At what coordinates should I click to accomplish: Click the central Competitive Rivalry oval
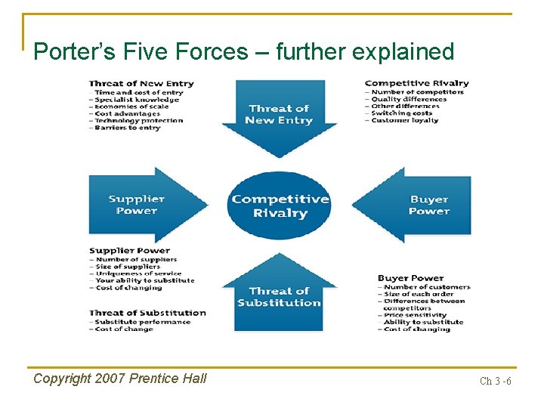(x=280, y=206)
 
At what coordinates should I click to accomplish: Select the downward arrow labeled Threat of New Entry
(x=279, y=115)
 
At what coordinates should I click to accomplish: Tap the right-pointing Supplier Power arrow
(x=144, y=205)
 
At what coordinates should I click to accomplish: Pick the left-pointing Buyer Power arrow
(x=419, y=206)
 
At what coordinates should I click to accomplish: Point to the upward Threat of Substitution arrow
(x=279, y=296)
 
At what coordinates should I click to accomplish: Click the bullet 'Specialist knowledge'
(x=137, y=99)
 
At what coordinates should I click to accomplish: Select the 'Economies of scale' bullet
(x=131, y=107)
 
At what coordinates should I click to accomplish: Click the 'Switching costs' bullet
(x=401, y=113)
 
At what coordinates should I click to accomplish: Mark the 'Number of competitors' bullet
(x=417, y=92)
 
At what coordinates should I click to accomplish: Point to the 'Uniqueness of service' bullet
(x=138, y=274)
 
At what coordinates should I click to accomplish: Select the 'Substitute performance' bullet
(x=142, y=322)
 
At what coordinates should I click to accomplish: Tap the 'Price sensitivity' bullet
(x=415, y=315)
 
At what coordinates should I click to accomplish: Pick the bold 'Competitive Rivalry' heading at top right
(x=416, y=83)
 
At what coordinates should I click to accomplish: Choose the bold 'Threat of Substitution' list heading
(x=147, y=313)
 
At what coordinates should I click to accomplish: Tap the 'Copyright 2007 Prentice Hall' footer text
(x=119, y=379)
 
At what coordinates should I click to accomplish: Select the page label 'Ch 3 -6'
(x=495, y=381)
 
